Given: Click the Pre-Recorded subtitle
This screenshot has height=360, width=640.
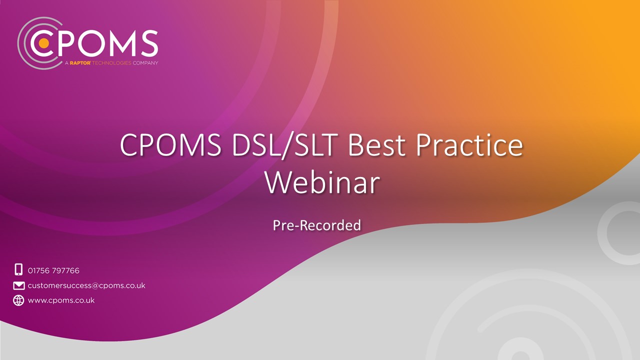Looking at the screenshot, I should pyautogui.click(x=317, y=225).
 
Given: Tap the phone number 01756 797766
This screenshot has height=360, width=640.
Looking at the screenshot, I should pyautogui.click(x=53, y=270).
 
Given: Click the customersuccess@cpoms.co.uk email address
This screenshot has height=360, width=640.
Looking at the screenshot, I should pyautogui.click(x=86, y=285).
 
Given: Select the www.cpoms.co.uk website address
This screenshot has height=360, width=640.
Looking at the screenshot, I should pyautogui.click(x=61, y=300).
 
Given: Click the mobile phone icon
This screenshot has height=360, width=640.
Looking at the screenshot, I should pyautogui.click(x=18, y=269).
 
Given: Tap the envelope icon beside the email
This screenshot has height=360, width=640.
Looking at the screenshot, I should pyautogui.click(x=18, y=285).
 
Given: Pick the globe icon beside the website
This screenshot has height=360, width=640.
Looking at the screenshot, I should pyautogui.click(x=18, y=300).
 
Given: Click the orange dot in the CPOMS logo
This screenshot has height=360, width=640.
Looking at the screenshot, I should pyautogui.click(x=43, y=43).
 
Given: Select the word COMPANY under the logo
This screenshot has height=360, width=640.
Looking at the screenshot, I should pyautogui.click(x=145, y=63).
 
